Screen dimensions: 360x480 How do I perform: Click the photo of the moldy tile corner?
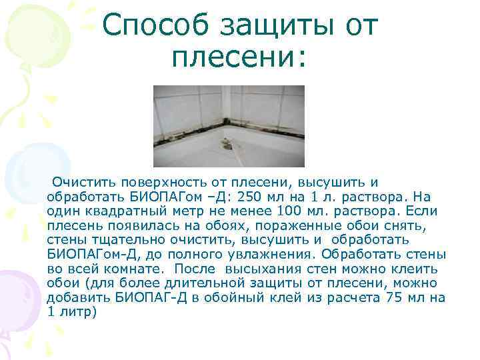click(229, 126)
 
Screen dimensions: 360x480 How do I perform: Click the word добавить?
click(73, 297)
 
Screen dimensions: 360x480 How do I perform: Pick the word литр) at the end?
click(78, 311)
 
